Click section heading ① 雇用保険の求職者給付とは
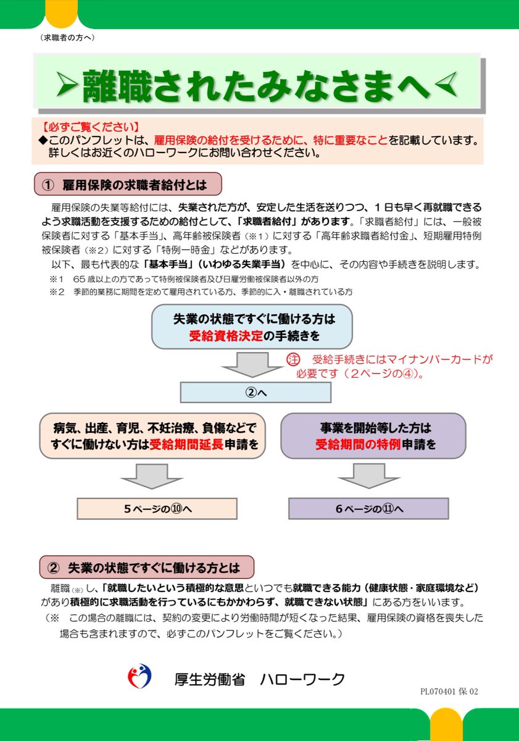coord(128,184)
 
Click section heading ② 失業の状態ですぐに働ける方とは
coord(147,567)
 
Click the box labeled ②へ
coord(255,392)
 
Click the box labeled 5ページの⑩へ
coord(157,508)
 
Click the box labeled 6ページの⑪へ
coord(368,508)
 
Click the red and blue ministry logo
coord(139,678)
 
